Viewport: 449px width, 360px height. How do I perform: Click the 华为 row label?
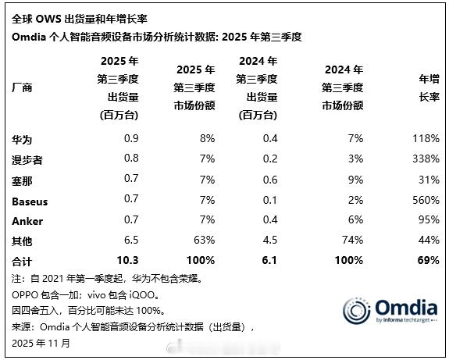22,139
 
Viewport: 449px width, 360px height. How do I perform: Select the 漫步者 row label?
27,159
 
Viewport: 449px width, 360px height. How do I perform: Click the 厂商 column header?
22,89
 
